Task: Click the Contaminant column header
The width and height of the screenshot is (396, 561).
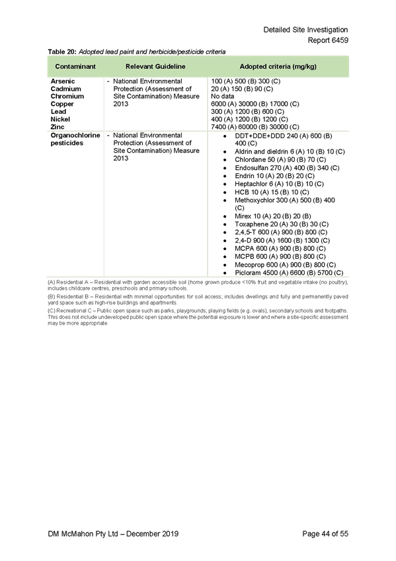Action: coord(75,67)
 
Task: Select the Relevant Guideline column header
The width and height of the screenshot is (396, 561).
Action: coord(155,67)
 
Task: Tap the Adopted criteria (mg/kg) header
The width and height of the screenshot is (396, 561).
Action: coord(278,67)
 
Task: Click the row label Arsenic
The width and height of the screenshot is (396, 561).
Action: coord(63,81)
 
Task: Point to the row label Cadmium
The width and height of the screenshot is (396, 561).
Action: coord(65,89)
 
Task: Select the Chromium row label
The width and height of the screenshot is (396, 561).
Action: coord(67,96)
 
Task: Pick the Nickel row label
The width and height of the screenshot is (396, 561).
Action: coord(60,119)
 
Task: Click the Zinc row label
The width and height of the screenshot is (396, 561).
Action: coord(57,126)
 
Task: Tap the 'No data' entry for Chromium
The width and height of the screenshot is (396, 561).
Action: coord(222,96)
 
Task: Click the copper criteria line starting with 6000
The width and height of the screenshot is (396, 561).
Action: coord(255,104)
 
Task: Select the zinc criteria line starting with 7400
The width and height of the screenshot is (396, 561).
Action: coord(255,126)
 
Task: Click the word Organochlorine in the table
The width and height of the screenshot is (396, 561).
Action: coord(75,135)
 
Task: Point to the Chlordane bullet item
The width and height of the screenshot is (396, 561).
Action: coord(280,159)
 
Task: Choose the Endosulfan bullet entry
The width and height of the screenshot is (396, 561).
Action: coord(287,168)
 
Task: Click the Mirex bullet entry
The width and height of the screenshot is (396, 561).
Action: coord(272,216)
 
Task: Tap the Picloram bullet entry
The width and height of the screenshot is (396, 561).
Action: coord(289,273)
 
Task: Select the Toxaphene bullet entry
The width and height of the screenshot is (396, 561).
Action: coord(282,224)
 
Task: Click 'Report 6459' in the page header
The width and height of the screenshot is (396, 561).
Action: coord(328,40)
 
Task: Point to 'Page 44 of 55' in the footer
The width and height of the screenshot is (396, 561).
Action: coord(325,534)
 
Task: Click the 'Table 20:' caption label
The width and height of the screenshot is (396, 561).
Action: coord(62,52)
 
